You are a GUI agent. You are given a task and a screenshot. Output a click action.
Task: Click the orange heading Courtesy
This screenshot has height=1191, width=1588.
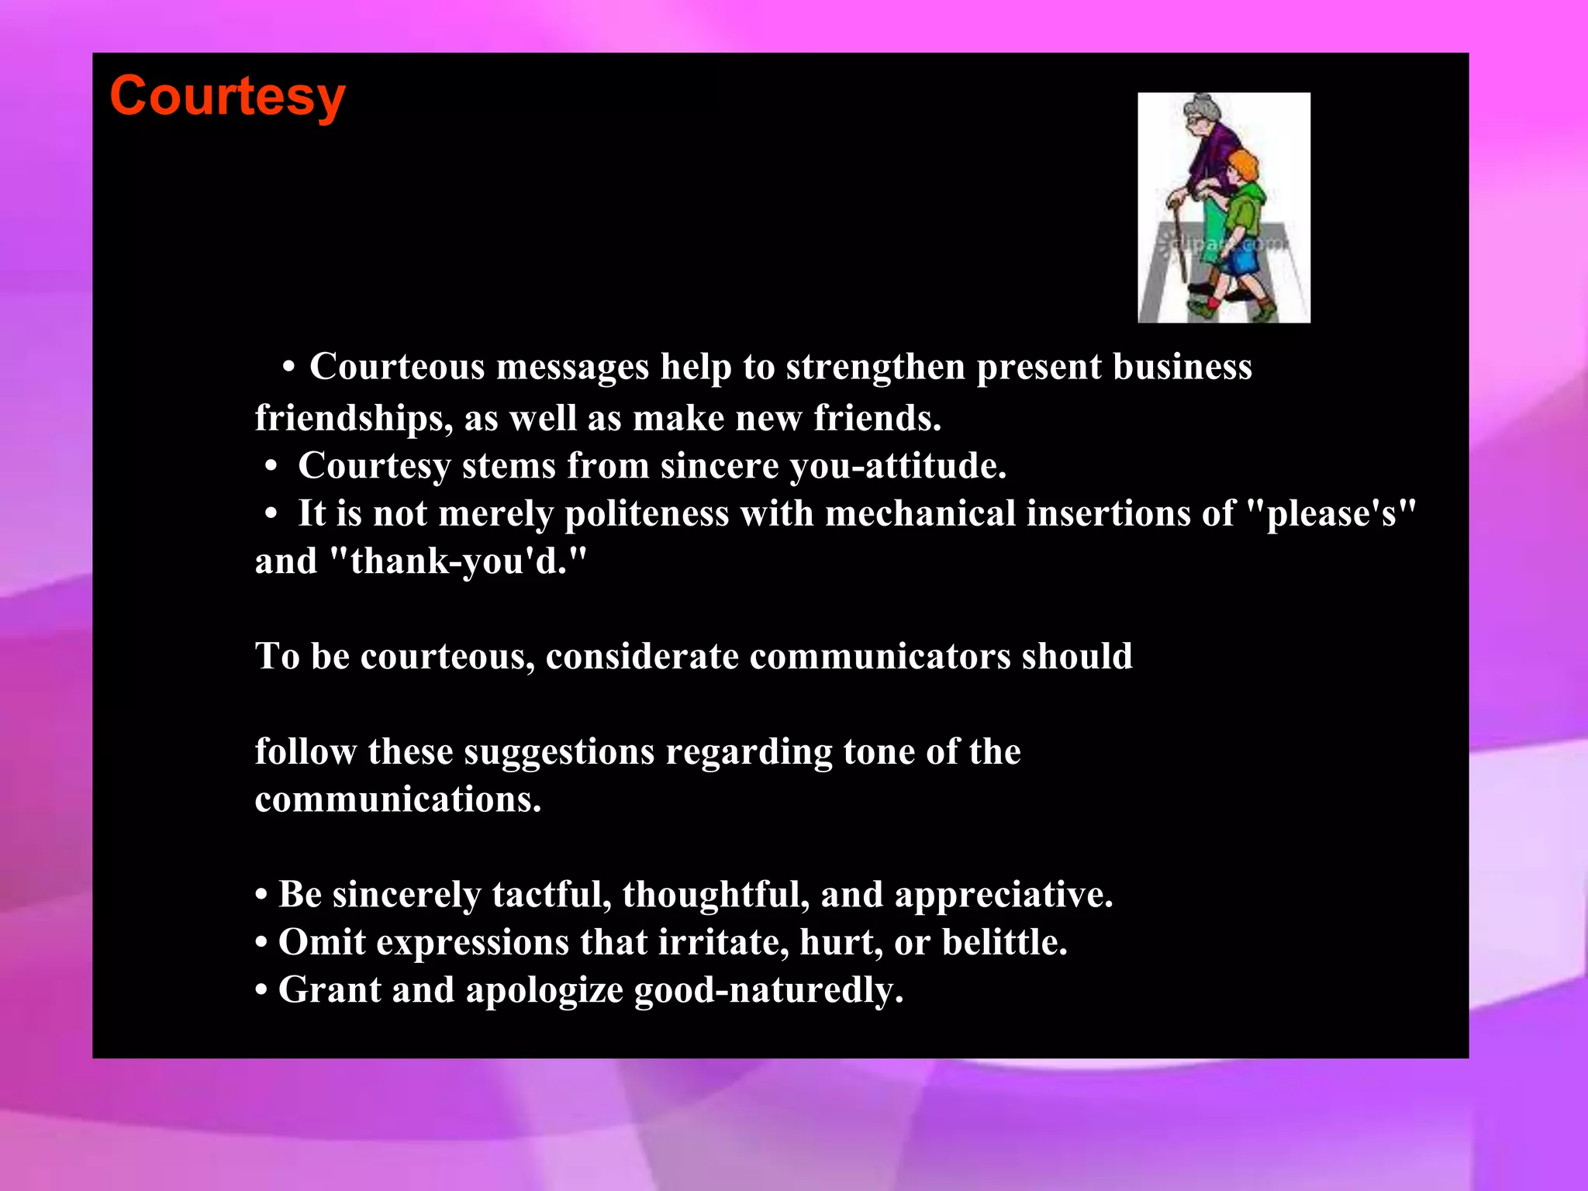(x=227, y=97)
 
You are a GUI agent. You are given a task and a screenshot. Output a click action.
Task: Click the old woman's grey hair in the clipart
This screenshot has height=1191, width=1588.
(x=1203, y=107)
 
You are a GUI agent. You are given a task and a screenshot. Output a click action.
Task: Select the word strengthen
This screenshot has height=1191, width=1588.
(x=875, y=367)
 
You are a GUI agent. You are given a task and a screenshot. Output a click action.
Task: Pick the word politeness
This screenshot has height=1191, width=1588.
(x=647, y=514)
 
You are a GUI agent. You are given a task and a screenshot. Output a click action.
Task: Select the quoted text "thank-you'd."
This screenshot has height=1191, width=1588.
(x=458, y=561)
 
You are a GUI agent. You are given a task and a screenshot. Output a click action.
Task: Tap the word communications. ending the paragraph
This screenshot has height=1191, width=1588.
(x=398, y=799)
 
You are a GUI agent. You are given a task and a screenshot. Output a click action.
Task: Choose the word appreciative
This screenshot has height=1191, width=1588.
(x=1003, y=895)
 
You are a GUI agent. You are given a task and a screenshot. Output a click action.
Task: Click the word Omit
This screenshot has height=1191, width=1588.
(x=322, y=942)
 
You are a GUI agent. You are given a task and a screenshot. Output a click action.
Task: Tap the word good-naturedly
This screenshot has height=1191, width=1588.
(x=768, y=990)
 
